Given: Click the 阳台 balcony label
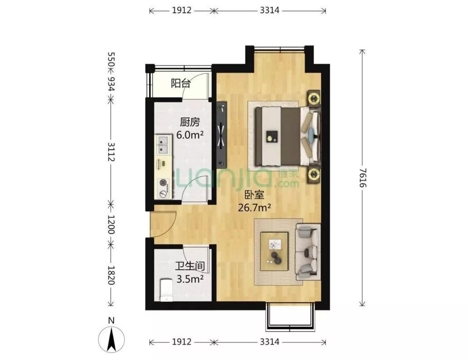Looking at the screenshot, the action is coord(180,83).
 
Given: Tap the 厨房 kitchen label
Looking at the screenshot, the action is coord(189,122).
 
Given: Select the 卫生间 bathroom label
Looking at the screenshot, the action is coord(190,266).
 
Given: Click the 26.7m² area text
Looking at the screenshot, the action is coord(254,207).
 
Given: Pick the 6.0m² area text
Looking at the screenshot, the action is coord(190,135).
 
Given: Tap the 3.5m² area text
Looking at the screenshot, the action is coord(190,279).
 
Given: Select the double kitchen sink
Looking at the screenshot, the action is coord(163,144).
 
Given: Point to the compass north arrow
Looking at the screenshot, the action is coord(112,340).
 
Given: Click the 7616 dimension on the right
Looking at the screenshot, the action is coord(362,178).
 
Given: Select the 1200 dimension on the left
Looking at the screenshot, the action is coord(111,225).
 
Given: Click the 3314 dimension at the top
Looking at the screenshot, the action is coord(269,10).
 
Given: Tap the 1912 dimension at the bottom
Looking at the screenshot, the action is coord(181,341).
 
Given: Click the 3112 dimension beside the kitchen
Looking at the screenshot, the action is coord(111,152).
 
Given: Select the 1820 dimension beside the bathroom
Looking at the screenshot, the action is coord(111,275).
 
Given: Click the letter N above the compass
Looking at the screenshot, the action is coord(111,321).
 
